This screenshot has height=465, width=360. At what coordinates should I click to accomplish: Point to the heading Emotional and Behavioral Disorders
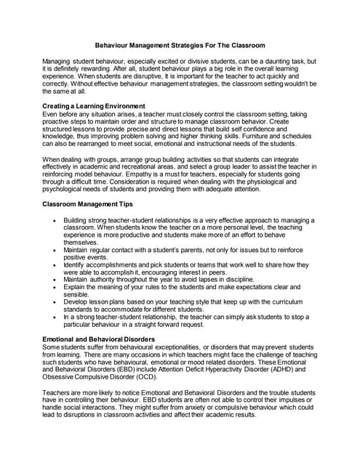98,339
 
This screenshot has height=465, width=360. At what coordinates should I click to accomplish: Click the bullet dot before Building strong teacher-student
55,220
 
